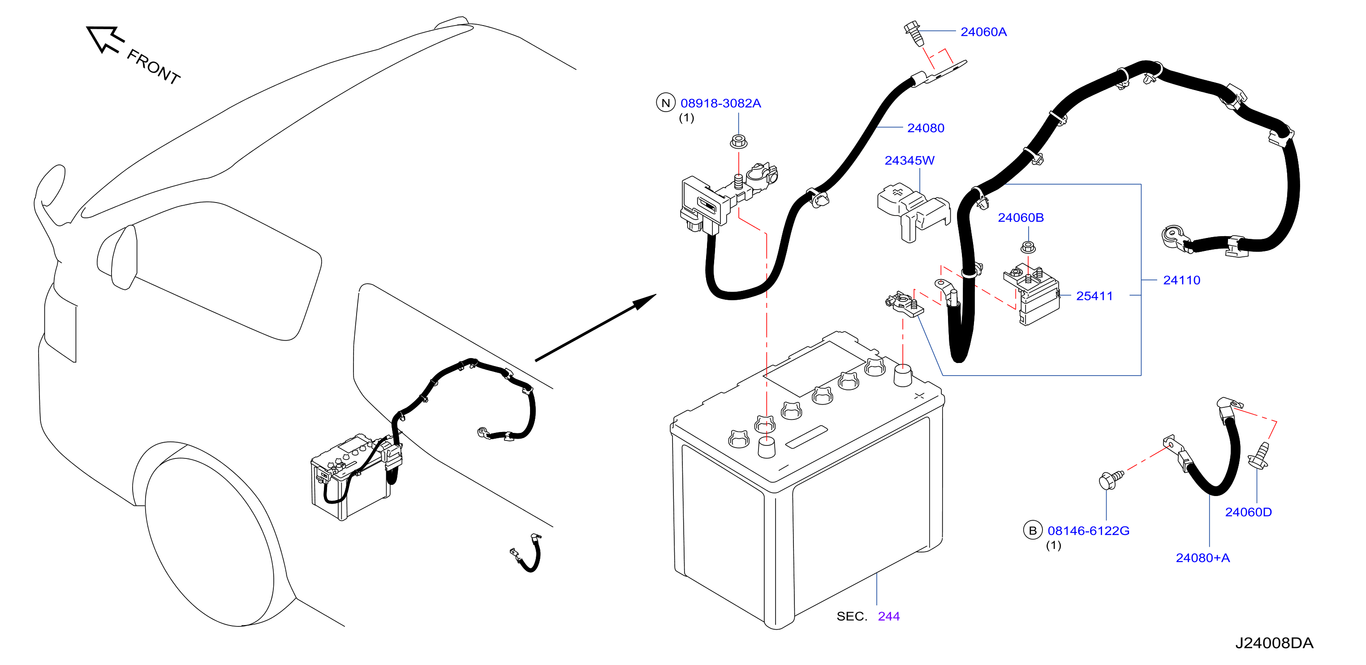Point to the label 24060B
1020,218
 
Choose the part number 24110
1181,281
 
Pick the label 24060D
1248,512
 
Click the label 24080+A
1202,558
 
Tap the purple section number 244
888,616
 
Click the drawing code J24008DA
1274,643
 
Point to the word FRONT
154,67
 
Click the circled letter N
665,103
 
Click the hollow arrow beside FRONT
105,39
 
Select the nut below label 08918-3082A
739,142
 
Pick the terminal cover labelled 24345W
913,212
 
